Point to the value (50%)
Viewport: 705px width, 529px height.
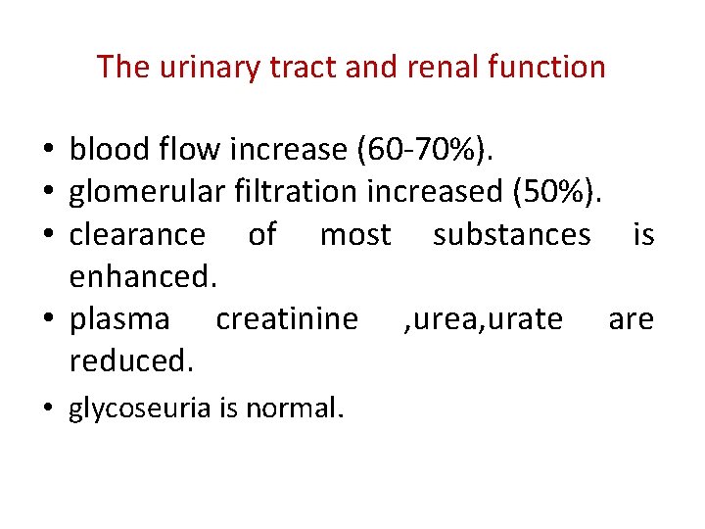click(x=555, y=192)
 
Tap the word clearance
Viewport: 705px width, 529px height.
click(x=137, y=235)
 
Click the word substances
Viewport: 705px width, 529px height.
click(x=511, y=235)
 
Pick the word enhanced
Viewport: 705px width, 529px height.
click(x=143, y=277)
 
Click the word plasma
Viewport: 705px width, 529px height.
click(x=119, y=319)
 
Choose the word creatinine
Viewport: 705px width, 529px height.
click(x=287, y=319)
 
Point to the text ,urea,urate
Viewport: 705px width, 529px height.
click(x=484, y=319)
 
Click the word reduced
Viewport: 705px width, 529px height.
click(x=132, y=361)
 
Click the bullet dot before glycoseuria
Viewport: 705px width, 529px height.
click(x=48, y=408)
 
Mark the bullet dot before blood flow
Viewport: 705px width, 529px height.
click(x=48, y=150)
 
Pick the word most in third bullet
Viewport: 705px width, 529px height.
click(x=355, y=235)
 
